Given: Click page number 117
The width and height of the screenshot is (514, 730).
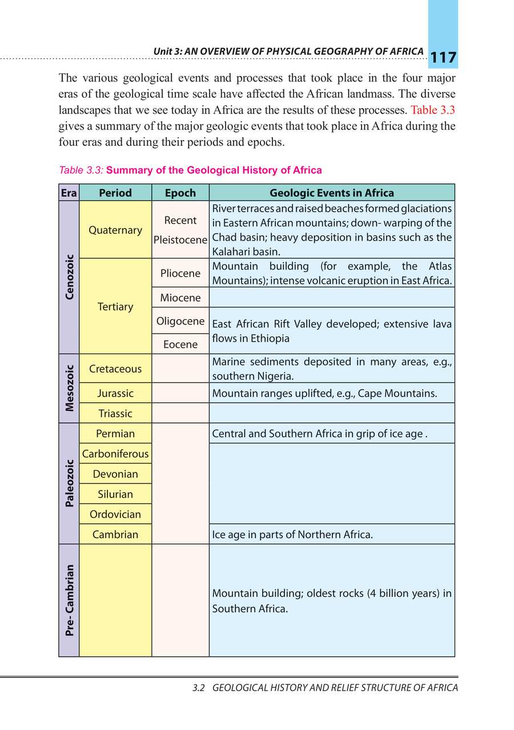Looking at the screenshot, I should pos(443,58).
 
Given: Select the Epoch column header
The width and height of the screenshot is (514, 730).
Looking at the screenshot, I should pos(180,192).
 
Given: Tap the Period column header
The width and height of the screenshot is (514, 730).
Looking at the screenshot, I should pos(115,192).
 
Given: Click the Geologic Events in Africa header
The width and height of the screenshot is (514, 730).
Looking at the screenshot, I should pos(331,192).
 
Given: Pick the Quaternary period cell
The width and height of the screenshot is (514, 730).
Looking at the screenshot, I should pos(115,230).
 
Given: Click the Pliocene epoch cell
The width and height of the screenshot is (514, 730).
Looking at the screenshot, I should pos(180,273).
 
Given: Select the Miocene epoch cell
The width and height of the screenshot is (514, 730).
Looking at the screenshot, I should pos(180,298).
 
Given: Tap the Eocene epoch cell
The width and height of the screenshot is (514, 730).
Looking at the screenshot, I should pos(180,344).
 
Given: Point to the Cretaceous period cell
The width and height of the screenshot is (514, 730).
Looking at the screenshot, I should pos(115,368).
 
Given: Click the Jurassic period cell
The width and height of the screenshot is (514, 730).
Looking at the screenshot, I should pos(115,393).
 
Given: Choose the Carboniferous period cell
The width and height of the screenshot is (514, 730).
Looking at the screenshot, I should pos(115,454).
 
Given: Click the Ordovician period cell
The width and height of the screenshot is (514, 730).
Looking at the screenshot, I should pos(115,514).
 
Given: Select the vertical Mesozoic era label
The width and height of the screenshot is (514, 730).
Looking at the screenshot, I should pos(69,388).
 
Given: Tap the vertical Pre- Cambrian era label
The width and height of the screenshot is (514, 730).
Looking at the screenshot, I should pos(69,600).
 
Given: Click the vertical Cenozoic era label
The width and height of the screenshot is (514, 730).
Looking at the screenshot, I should pos(69,277).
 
